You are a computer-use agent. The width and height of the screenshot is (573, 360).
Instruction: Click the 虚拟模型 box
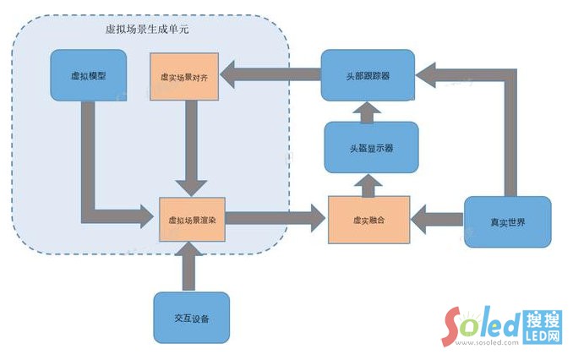[x=88, y=76]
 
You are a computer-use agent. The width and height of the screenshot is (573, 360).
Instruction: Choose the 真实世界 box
[x=507, y=221]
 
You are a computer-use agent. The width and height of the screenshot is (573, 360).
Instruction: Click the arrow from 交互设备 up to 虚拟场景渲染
[x=192, y=269]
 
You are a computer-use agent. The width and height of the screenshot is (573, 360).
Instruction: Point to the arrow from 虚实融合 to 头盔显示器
[x=369, y=182]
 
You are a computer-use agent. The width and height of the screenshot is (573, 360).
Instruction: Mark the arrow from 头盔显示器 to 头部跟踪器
[x=369, y=110]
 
